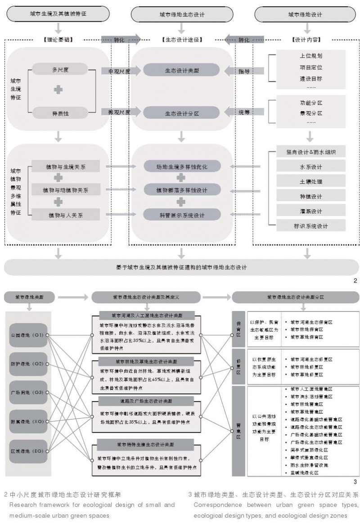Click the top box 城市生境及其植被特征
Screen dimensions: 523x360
point(58,14)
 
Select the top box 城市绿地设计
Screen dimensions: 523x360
point(305,14)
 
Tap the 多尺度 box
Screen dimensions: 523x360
point(60,70)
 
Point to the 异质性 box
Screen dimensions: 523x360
point(60,113)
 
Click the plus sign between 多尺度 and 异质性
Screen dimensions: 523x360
point(58,90)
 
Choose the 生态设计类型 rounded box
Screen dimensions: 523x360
point(182,70)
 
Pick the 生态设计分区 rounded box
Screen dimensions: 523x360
point(182,113)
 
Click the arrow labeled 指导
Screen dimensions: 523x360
point(243,71)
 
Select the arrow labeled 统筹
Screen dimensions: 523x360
point(243,113)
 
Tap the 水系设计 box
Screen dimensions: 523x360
point(311,167)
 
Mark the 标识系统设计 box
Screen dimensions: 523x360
point(311,226)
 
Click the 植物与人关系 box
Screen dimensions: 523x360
point(66,215)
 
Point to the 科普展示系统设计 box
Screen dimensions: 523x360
point(182,215)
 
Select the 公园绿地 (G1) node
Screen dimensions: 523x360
point(28,335)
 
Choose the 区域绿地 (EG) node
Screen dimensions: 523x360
point(28,451)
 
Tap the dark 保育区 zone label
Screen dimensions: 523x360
point(238,329)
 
